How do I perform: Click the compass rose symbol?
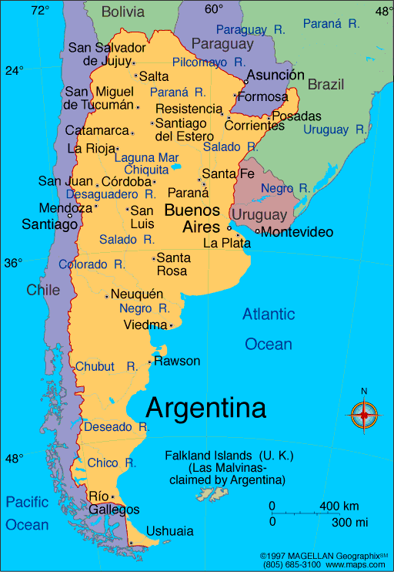tap(364, 416)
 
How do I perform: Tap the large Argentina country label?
tap(206, 408)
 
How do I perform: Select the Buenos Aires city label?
tap(192, 218)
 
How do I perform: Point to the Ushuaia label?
tap(170, 531)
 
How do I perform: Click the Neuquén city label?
tap(137, 294)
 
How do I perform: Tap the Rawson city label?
tap(177, 361)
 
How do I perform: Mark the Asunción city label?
tap(275, 75)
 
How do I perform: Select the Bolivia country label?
tap(123, 12)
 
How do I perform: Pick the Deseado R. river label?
tap(116, 426)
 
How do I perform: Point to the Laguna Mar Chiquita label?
tap(146, 163)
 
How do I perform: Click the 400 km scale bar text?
tap(339, 506)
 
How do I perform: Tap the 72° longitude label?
tap(40, 10)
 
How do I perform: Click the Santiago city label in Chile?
tap(49, 224)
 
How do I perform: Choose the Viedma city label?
tap(144, 325)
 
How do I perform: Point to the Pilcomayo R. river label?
tap(209, 61)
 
